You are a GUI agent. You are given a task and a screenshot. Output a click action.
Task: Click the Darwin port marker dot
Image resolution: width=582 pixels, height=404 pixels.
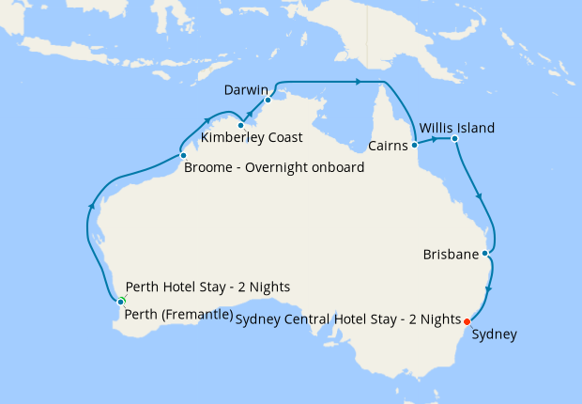tap(268, 100)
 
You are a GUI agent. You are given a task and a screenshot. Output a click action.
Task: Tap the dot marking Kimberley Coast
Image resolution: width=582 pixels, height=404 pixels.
tap(241, 125)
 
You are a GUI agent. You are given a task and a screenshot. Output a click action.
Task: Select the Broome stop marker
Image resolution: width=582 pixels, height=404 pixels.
tap(183, 155)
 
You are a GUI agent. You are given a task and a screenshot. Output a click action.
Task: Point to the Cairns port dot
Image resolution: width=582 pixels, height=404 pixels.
tap(414, 146)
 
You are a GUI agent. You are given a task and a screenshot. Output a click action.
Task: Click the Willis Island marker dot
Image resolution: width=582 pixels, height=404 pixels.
tap(454, 140)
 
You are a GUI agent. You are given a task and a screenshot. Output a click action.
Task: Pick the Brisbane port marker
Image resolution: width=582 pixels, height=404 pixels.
tap(484, 254)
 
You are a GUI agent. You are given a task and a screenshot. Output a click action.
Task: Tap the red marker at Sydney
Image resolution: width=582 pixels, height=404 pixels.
tap(467, 321)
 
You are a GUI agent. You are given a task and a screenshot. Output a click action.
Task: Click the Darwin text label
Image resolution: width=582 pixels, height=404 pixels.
tap(247, 90)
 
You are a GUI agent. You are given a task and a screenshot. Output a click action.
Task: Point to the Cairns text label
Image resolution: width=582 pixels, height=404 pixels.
tap(388, 147)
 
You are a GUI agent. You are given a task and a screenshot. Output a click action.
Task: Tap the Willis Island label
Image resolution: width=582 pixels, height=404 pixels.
tap(457, 127)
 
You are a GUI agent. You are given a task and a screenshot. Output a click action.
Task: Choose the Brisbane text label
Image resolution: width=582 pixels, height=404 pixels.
tap(451, 255)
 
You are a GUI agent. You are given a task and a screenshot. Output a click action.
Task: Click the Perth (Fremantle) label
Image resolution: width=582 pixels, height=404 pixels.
tap(178, 315)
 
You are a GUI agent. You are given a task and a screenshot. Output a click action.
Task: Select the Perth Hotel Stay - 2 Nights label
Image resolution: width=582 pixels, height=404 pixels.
tap(207, 287)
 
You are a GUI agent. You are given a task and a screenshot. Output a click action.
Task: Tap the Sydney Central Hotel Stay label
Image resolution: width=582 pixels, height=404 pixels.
tap(349, 319)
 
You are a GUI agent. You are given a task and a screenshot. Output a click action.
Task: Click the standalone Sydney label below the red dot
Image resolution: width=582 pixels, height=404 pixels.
tap(494, 334)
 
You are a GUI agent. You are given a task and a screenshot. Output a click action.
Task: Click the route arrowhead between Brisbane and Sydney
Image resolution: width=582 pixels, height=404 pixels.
tap(488, 289)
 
